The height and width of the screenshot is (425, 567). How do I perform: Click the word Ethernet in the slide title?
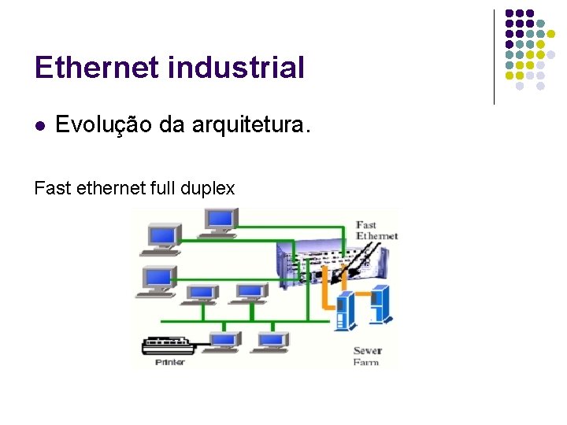point(97,68)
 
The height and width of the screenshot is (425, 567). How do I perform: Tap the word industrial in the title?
point(236,68)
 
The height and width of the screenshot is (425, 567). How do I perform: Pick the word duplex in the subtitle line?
point(208,188)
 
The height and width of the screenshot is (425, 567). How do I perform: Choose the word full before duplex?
point(164,188)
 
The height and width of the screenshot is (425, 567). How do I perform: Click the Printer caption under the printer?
point(169,362)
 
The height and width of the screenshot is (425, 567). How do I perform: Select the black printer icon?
point(167,345)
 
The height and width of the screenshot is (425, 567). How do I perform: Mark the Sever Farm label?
point(367,356)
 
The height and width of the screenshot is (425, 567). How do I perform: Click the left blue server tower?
point(345,309)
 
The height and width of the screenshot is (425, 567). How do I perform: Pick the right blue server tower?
point(380,304)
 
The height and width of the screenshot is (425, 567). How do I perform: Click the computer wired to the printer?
point(224,340)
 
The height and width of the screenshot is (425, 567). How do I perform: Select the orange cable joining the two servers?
point(361,293)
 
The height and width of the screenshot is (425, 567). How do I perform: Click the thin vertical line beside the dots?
point(494,57)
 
